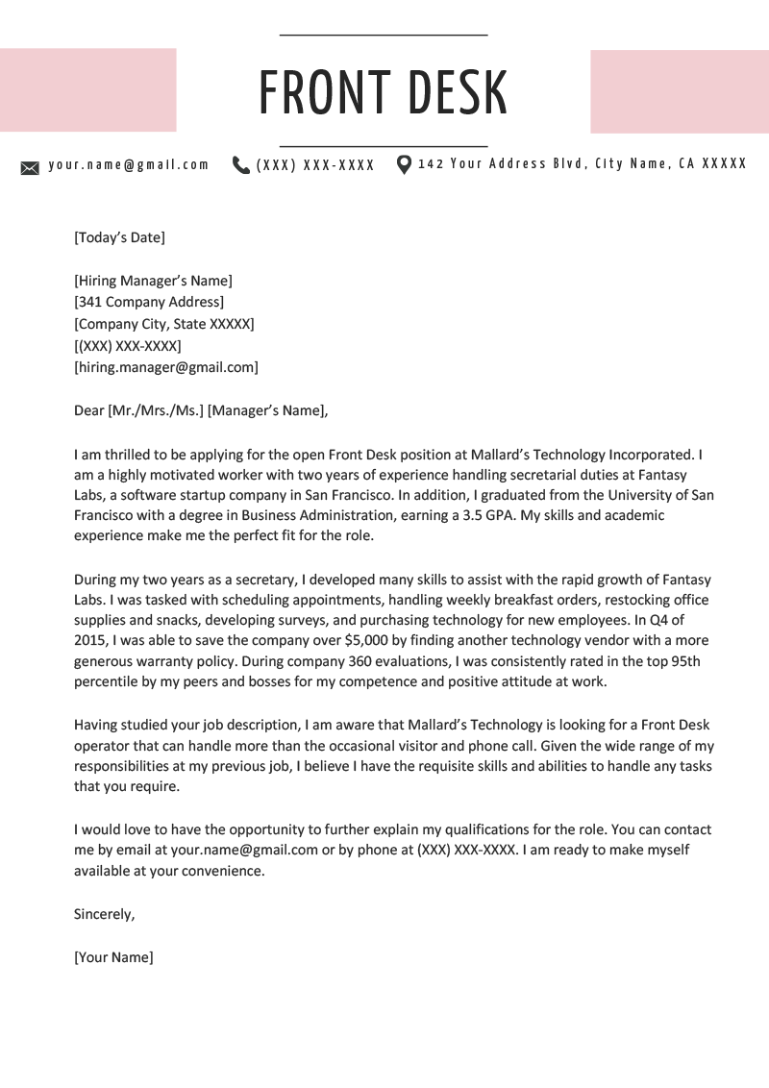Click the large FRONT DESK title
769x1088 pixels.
384,92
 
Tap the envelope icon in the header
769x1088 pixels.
30,167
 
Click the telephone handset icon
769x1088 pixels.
240,165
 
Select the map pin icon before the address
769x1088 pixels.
404,164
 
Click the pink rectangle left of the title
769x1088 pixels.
87,89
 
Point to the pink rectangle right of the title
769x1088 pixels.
680,91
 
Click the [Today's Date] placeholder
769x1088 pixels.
119,237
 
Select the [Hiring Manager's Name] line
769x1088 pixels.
153,281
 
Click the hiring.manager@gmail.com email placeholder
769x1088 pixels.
165,366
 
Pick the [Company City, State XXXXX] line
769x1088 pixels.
163,324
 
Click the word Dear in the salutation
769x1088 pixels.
88,410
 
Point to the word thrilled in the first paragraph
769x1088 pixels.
127,454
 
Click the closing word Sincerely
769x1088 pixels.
104,914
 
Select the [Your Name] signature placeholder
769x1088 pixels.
113,957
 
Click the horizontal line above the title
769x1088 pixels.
384,36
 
